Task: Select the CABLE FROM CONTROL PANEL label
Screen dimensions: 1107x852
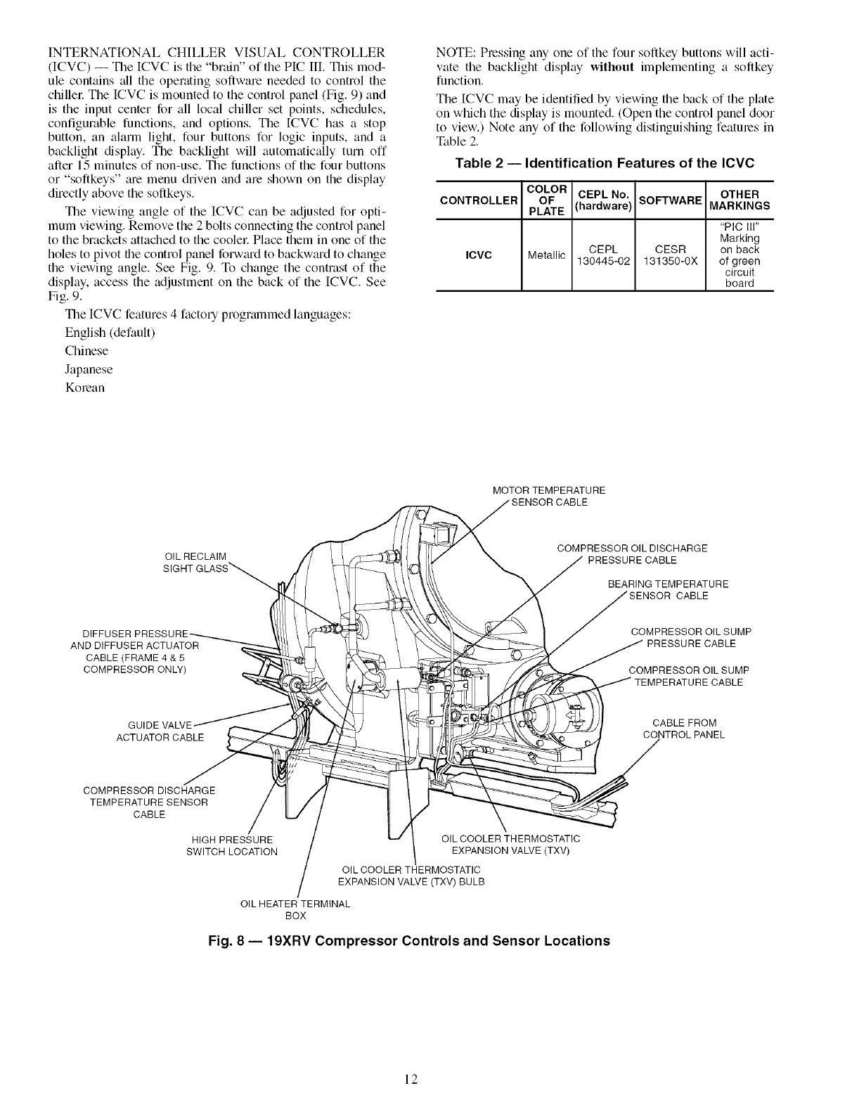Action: (684, 729)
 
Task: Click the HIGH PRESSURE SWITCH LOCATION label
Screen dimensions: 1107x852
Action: (232, 845)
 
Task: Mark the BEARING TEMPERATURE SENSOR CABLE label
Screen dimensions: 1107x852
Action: (668, 590)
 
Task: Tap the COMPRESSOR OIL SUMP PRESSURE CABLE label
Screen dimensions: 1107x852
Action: (691, 637)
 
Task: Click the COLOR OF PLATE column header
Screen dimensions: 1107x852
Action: (547, 200)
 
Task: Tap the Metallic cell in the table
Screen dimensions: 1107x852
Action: (547, 255)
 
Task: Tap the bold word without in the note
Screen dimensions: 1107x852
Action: (613, 67)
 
